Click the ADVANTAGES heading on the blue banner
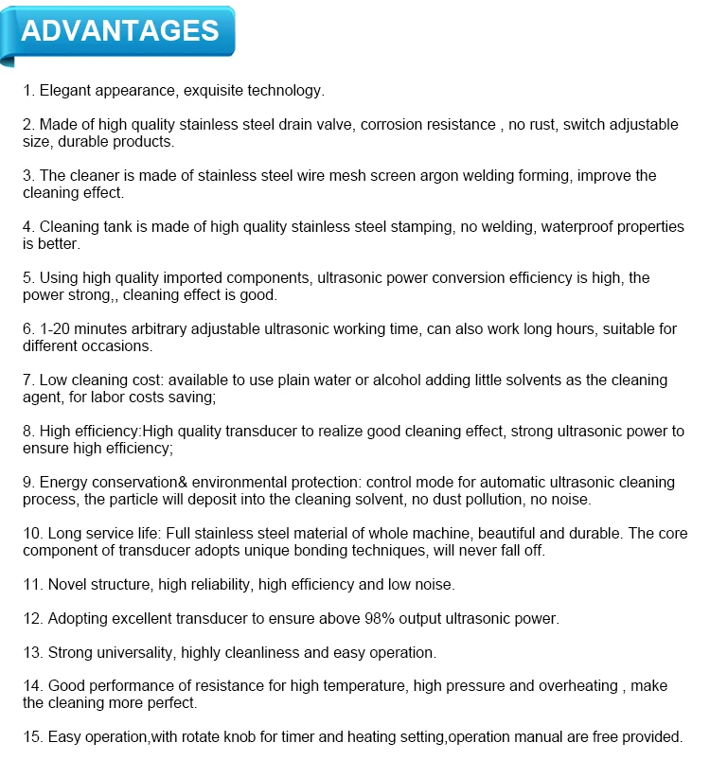pos(120,30)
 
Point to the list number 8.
pos(28,432)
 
